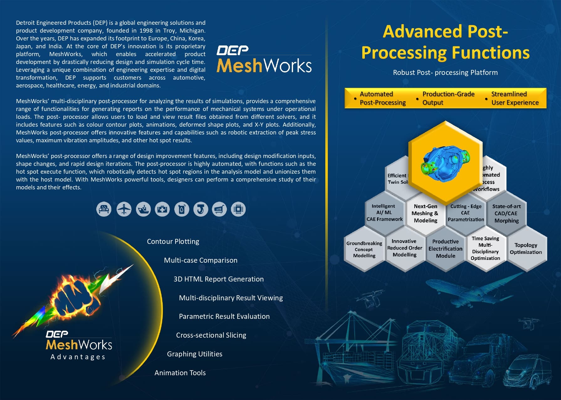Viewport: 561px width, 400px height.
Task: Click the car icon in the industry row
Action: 104,209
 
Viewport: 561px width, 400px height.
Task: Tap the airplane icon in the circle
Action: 124,209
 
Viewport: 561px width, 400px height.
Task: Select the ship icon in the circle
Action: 143,209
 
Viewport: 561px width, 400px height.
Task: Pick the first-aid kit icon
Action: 162,209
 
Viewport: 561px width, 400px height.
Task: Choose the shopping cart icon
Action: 219,209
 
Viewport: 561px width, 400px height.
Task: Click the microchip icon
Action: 238,209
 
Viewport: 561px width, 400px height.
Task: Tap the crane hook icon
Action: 201,209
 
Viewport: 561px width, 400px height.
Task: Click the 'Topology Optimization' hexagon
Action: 526,249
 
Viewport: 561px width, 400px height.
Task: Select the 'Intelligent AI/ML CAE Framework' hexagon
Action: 385,213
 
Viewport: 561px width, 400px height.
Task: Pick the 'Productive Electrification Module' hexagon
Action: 445,249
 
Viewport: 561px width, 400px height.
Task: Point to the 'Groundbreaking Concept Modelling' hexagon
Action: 364,250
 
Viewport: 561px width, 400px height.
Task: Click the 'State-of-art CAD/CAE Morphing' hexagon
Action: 506,213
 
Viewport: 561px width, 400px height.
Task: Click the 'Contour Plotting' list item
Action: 173,241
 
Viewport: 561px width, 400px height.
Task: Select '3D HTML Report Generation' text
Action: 218,279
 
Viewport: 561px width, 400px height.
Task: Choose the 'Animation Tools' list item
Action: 180,373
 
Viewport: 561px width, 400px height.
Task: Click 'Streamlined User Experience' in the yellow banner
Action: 515,98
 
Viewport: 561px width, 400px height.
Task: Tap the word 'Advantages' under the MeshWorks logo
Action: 78,357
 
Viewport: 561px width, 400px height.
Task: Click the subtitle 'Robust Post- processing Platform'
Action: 445,72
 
